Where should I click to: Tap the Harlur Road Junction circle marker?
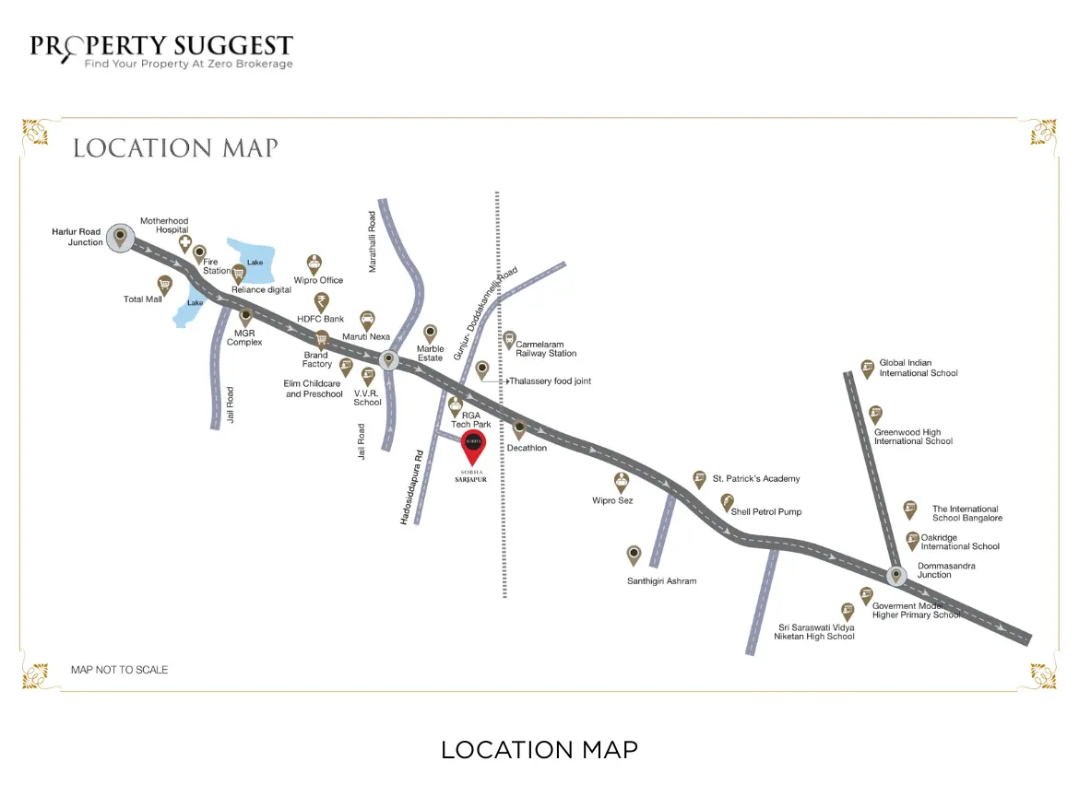click(x=119, y=238)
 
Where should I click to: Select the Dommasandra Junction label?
click(x=946, y=570)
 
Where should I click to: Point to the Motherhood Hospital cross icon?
click(x=185, y=244)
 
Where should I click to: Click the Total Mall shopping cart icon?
click(x=165, y=284)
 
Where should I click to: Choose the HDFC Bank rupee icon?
click(x=321, y=301)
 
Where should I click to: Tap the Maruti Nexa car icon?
click(x=367, y=320)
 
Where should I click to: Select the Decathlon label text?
click(x=527, y=448)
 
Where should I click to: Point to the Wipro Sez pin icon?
click(x=622, y=481)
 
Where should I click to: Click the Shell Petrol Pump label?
click(x=766, y=511)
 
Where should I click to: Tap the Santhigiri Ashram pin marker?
click(x=634, y=555)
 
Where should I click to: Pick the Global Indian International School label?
click(x=918, y=368)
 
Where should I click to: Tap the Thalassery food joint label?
click(x=550, y=381)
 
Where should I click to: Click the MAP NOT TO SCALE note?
click(x=120, y=670)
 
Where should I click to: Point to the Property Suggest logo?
click(x=161, y=52)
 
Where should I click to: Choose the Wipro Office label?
click(x=318, y=280)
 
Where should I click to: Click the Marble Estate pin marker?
click(x=430, y=333)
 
